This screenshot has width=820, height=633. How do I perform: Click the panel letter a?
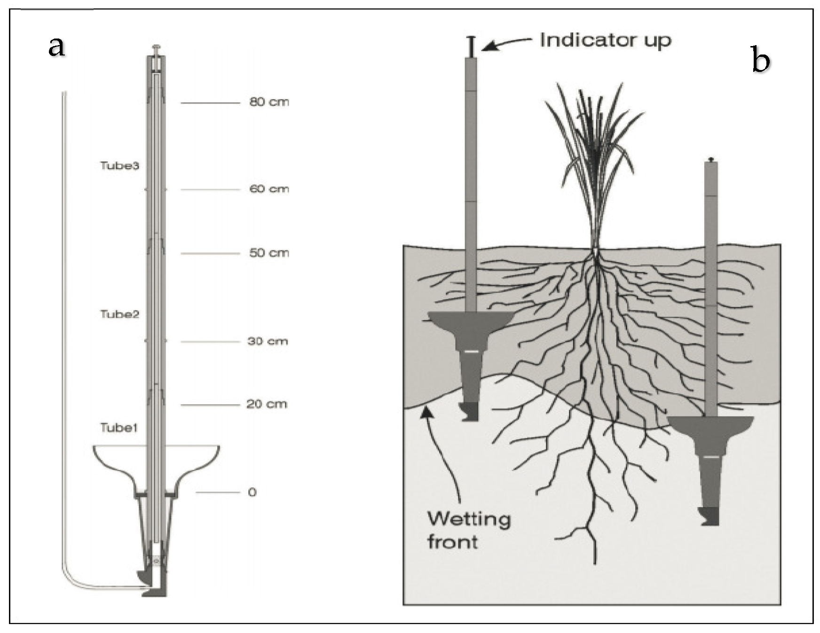click(x=56, y=47)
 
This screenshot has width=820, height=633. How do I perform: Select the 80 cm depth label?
click(x=269, y=102)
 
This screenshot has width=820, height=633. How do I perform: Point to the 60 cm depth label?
click(x=269, y=189)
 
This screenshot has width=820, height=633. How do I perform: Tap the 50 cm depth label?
click(x=269, y=253)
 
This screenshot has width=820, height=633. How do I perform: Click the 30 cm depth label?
click(x=268, y=341)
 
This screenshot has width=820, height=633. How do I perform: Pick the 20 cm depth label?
click(x=267, y=404)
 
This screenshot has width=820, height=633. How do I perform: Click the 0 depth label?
click(x=252, y=492)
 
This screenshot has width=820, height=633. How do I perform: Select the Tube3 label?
click(x=119, y=165)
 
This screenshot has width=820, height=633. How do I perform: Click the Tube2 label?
click(x=119, y=314)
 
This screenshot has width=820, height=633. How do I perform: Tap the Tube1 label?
click(x=118, y=428)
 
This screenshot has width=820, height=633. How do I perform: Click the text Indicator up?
click(x=606, y=40)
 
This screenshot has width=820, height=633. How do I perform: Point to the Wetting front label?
click(x=468, y=531)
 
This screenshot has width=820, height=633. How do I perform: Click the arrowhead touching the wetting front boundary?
click(x=426, y=412)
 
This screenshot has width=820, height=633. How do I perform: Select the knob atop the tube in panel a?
click(x=156, y=48)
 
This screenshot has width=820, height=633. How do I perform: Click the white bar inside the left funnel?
click(x=471, y=351)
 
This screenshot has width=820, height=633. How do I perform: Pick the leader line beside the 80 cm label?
click(x=210, y=102)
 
